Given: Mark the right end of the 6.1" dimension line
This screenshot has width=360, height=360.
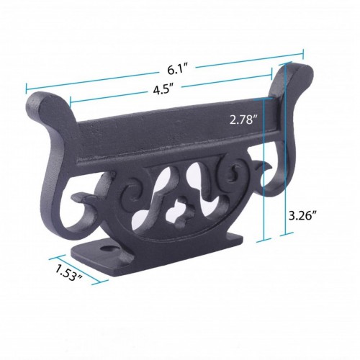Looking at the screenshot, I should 304,52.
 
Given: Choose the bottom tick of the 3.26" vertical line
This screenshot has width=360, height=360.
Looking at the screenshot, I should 290,233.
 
